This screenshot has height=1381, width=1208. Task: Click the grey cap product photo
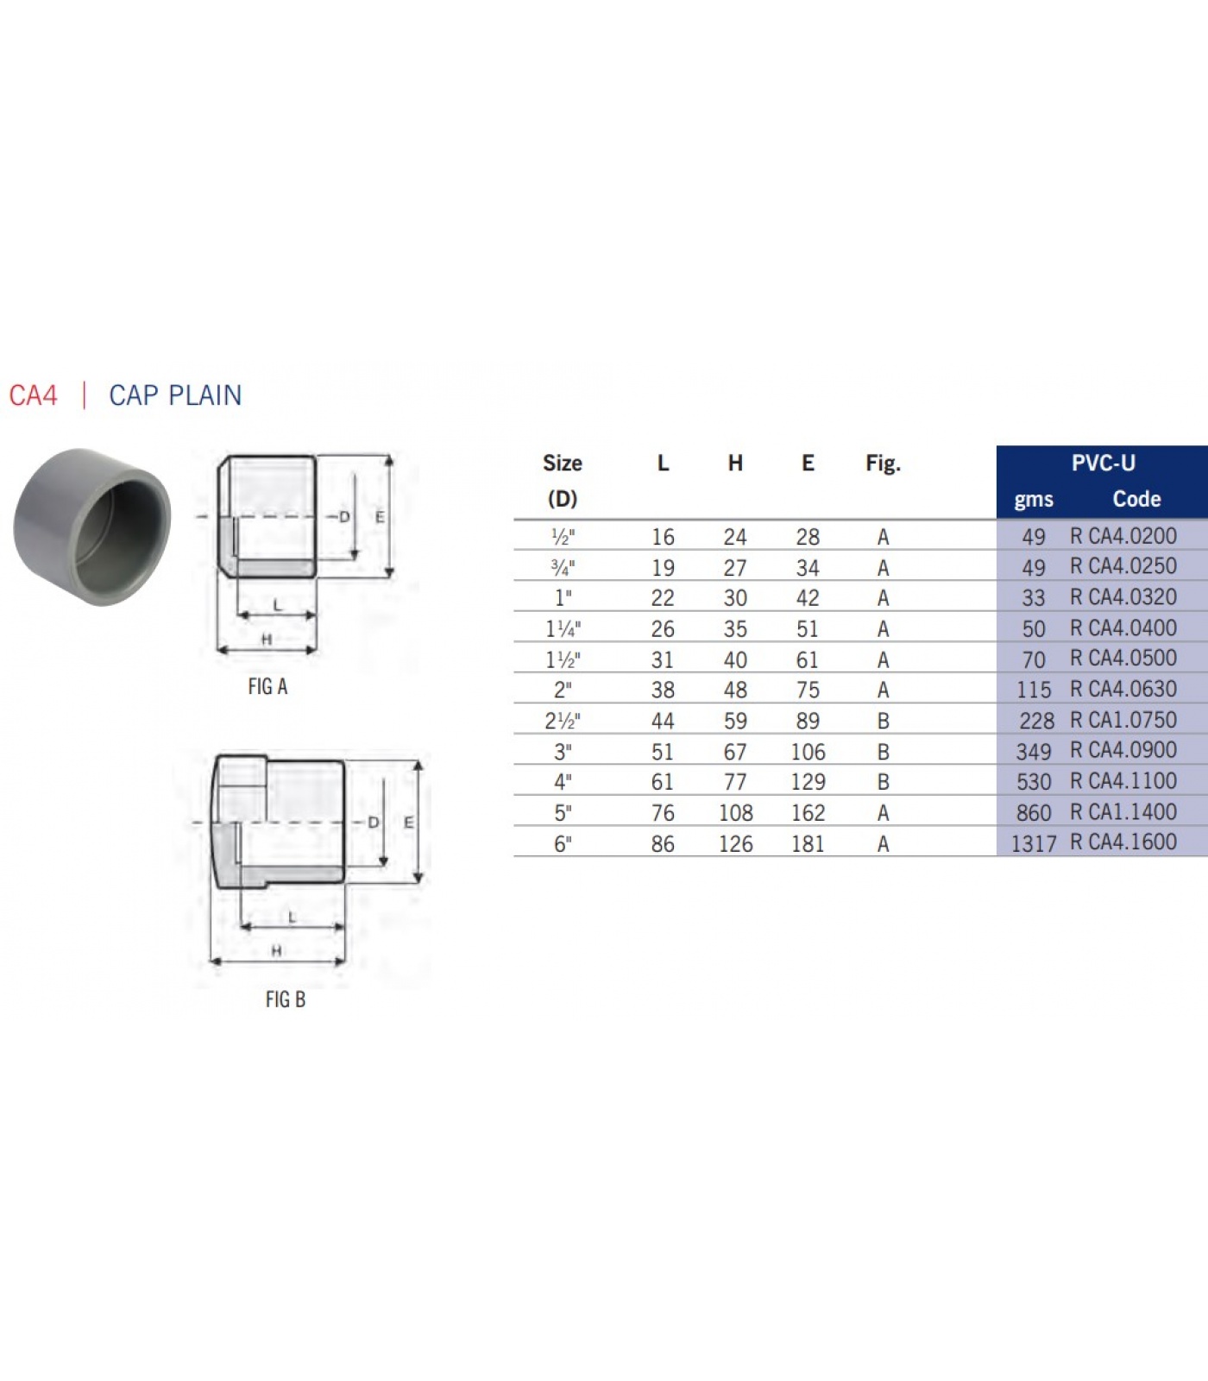pyautogui.click(x=91, y=527)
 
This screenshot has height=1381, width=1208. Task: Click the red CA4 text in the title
pyautogui.click(x=33, y=395)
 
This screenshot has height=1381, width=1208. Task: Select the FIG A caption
pyautogui.click(x=267, y=686)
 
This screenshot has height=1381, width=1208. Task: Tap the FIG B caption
pyautogui.click(x=286, y=999)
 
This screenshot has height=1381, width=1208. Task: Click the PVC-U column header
pyautogui.click(x=1103, y=463)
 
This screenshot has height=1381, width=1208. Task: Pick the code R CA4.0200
pyautogui.click(x=1123, y=536)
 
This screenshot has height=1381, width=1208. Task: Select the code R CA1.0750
pyautogui.click(x=1123, y=720)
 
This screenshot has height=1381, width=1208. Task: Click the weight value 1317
pyautogui.click(x=1034, y=843)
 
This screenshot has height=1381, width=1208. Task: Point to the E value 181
pyautogui.click(x=808, y=843)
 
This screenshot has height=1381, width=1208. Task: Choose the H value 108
pyautogui.click(x=735, y=813)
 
